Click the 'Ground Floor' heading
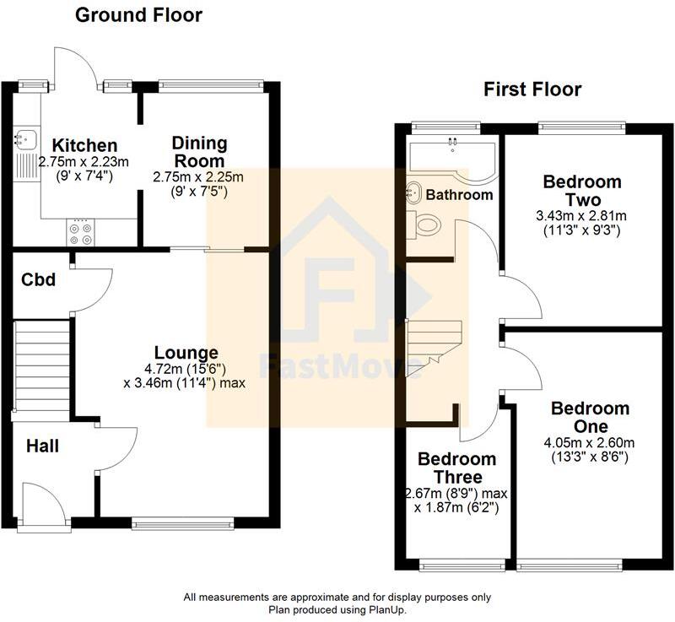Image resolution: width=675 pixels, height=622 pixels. [139, 15]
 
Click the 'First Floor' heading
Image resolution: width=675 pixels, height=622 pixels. [532, 89]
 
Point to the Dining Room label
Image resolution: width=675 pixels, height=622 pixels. [198, 151]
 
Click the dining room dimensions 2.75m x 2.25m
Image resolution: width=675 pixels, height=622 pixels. [198, 177]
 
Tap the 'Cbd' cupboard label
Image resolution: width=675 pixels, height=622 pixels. [39, 279]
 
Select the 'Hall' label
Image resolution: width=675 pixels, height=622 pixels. [41, 445]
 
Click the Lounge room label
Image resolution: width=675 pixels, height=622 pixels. [186, 353]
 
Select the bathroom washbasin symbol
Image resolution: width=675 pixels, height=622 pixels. [415, 192]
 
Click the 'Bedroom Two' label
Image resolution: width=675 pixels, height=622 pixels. [582, 191]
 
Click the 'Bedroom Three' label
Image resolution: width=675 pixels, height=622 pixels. [457, 468]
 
